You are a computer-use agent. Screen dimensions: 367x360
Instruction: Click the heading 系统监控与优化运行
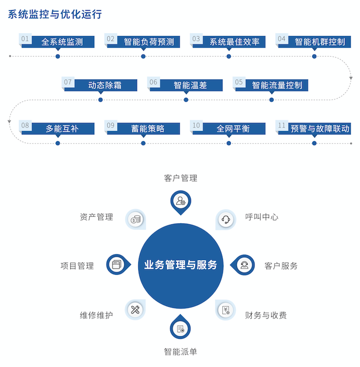point(55,15)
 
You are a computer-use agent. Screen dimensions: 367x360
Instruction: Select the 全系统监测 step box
point(62,42)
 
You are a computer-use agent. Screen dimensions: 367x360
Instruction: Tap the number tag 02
point(111,39)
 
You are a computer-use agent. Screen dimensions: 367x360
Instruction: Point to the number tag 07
point(69,83)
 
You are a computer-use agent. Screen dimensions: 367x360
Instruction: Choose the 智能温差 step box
point(190,85)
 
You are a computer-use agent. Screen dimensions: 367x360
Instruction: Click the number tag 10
point(196,125)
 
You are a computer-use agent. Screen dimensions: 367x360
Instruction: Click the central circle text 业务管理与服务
point(180,265)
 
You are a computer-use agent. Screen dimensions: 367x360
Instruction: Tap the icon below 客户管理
point(180,201)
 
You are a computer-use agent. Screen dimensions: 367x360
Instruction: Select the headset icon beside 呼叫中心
point(226,219)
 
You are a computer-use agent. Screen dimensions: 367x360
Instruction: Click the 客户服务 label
point(281,265)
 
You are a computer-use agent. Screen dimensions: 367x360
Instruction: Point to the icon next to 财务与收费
point(226,310)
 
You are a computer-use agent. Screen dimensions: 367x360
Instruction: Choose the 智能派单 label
point(180,352)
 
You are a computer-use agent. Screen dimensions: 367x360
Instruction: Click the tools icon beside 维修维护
point(135,310)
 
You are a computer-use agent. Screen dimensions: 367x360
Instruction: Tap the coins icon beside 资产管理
point(135,219)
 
